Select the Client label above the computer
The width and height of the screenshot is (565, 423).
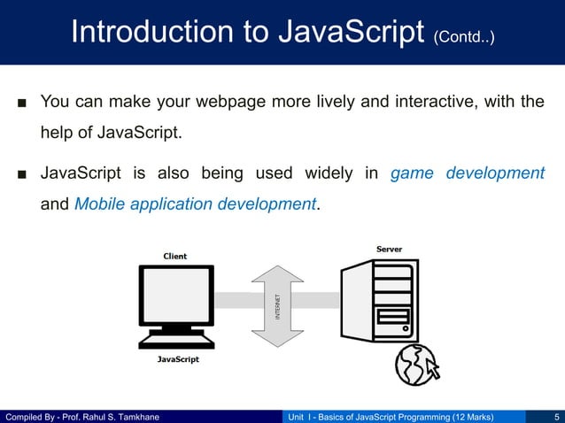pos(174,256)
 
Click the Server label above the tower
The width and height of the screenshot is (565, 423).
pos(389,249)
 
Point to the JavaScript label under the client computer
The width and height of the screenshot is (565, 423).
pos(178,359)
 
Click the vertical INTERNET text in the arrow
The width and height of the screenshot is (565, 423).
pos(278,307)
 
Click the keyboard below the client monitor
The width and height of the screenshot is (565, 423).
pos(177,340)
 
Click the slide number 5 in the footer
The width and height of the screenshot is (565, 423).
pos(554,416)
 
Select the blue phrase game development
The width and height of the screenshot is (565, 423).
pos(467,173)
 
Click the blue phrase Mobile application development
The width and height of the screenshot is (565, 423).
pos(195,204)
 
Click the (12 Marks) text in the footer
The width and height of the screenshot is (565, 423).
pos(473,416)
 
